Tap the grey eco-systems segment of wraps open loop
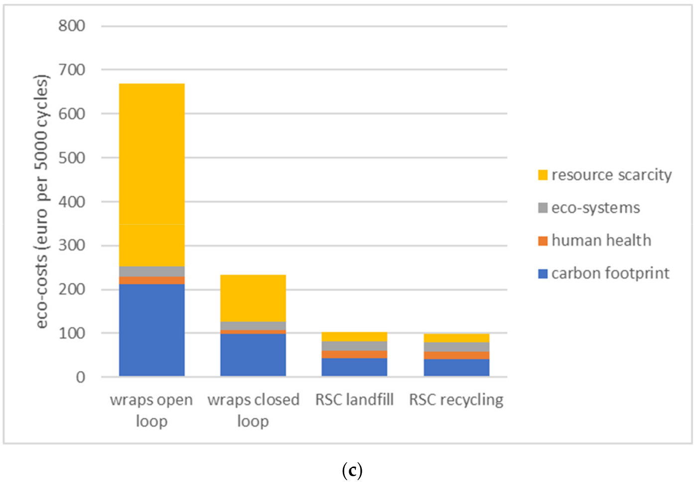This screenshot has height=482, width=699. [x=151, y=271]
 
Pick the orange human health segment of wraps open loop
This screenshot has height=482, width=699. [x=151, y=280]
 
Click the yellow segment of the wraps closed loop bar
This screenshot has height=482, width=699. [x=253, y=298]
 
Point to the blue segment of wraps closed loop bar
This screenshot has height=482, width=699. [x=253, y=355]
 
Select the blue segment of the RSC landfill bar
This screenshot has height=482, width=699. [x=354, y=367]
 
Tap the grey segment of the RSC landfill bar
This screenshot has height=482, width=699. [x=354, y=346]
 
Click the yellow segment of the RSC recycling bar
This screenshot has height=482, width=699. [x=456, y=338]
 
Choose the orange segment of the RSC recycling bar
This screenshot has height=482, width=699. [x=456, y=355]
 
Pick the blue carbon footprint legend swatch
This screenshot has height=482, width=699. [x=543, y=273]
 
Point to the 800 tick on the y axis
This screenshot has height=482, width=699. [x=72, y=26]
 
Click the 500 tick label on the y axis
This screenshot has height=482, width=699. [x=72, y=158]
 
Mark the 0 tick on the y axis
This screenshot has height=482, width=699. [x=80, y=377]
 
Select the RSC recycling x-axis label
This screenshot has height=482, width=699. [x=456, y=400]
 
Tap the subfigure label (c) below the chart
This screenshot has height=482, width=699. [x=352, y=470]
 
